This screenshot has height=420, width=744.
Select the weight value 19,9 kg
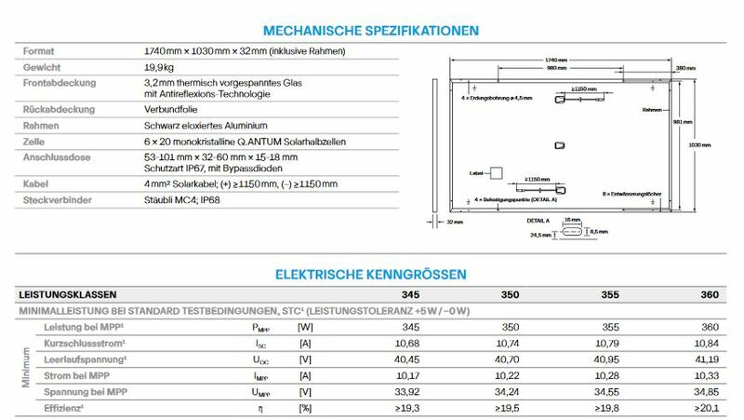[x=160, y=68]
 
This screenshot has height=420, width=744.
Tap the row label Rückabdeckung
[x=55, y=109]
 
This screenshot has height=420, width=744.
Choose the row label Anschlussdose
[x=56, y=156]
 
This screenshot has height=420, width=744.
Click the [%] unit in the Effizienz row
[x=305, y=408]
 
